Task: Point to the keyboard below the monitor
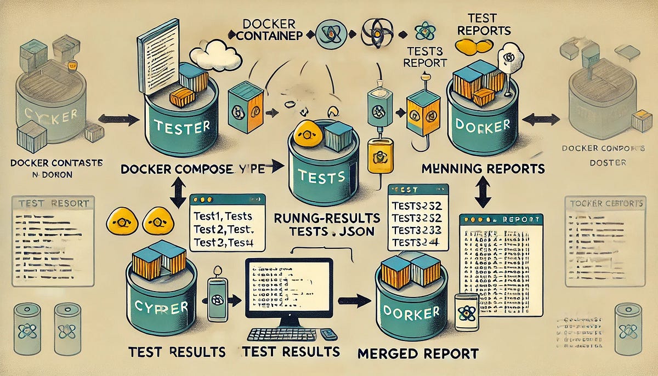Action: coord(285,334)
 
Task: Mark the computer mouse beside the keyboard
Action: coord(328,334)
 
